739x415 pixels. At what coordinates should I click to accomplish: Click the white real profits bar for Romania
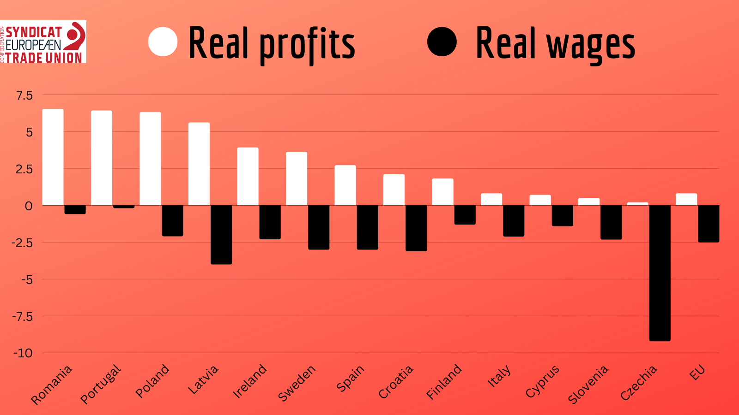point(53,157)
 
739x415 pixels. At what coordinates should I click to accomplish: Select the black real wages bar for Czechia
point(660,273)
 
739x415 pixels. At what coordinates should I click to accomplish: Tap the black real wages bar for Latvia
point(221,234)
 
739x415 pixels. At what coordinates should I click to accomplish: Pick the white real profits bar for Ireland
point(248,176)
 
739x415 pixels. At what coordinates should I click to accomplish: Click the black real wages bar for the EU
point(708,224)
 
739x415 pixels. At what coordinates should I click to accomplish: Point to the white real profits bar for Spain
point(345,185)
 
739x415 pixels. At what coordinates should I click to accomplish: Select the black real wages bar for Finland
point(465,215)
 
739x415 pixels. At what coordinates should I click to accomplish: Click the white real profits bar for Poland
point(150,159)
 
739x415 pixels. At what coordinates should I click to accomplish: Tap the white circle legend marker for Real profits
point(163,41)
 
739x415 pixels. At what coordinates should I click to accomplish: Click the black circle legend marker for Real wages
point(442,41)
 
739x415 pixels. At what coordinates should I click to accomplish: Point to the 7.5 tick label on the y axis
point(24,95)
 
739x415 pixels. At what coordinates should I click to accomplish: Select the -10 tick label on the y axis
point(23,353)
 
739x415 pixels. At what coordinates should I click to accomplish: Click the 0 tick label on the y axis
point(29,206)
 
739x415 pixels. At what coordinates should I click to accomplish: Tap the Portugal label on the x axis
point(101,384)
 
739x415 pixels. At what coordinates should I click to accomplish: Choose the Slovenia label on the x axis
point(588,385)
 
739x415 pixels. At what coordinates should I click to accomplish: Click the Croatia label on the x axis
point(396,382)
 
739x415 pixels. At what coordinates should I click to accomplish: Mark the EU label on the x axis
point(697,372)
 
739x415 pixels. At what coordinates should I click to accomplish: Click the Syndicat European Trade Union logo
point(43,41)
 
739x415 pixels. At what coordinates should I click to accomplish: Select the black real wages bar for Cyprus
point(562,215)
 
